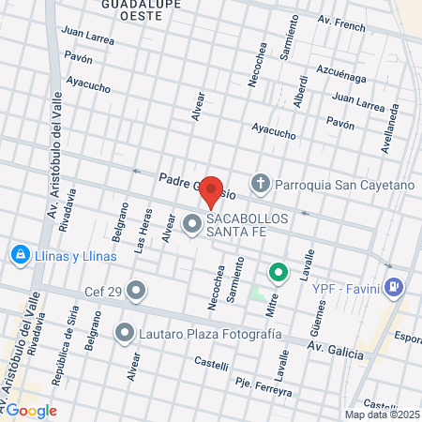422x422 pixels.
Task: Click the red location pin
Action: pyautogui.click(x=212, y=191)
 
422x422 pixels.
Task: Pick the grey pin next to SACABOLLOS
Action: pyautogui.click(x=192, y=224)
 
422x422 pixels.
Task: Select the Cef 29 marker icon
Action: pyautogui.click(x=137, y=292)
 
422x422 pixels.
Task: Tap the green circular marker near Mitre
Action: pyautogui.click(x=278, y=274)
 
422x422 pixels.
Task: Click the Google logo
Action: pyautogui.click(x=32, y=411)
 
